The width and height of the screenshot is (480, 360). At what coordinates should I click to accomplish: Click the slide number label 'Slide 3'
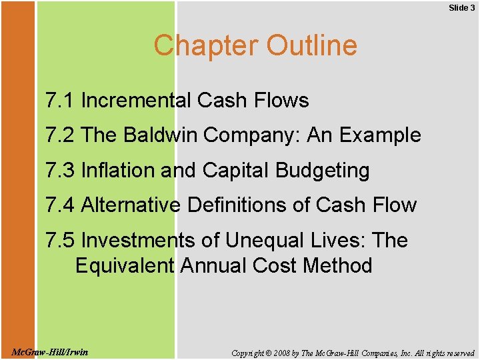point(461,8)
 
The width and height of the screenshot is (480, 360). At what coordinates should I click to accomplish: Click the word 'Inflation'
point(118,171)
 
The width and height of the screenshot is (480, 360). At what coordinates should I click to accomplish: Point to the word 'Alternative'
point(130,205)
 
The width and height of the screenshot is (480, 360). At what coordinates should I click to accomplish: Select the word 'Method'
point(337,265)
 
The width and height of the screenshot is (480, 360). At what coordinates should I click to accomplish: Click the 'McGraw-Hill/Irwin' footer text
point(51,352)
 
